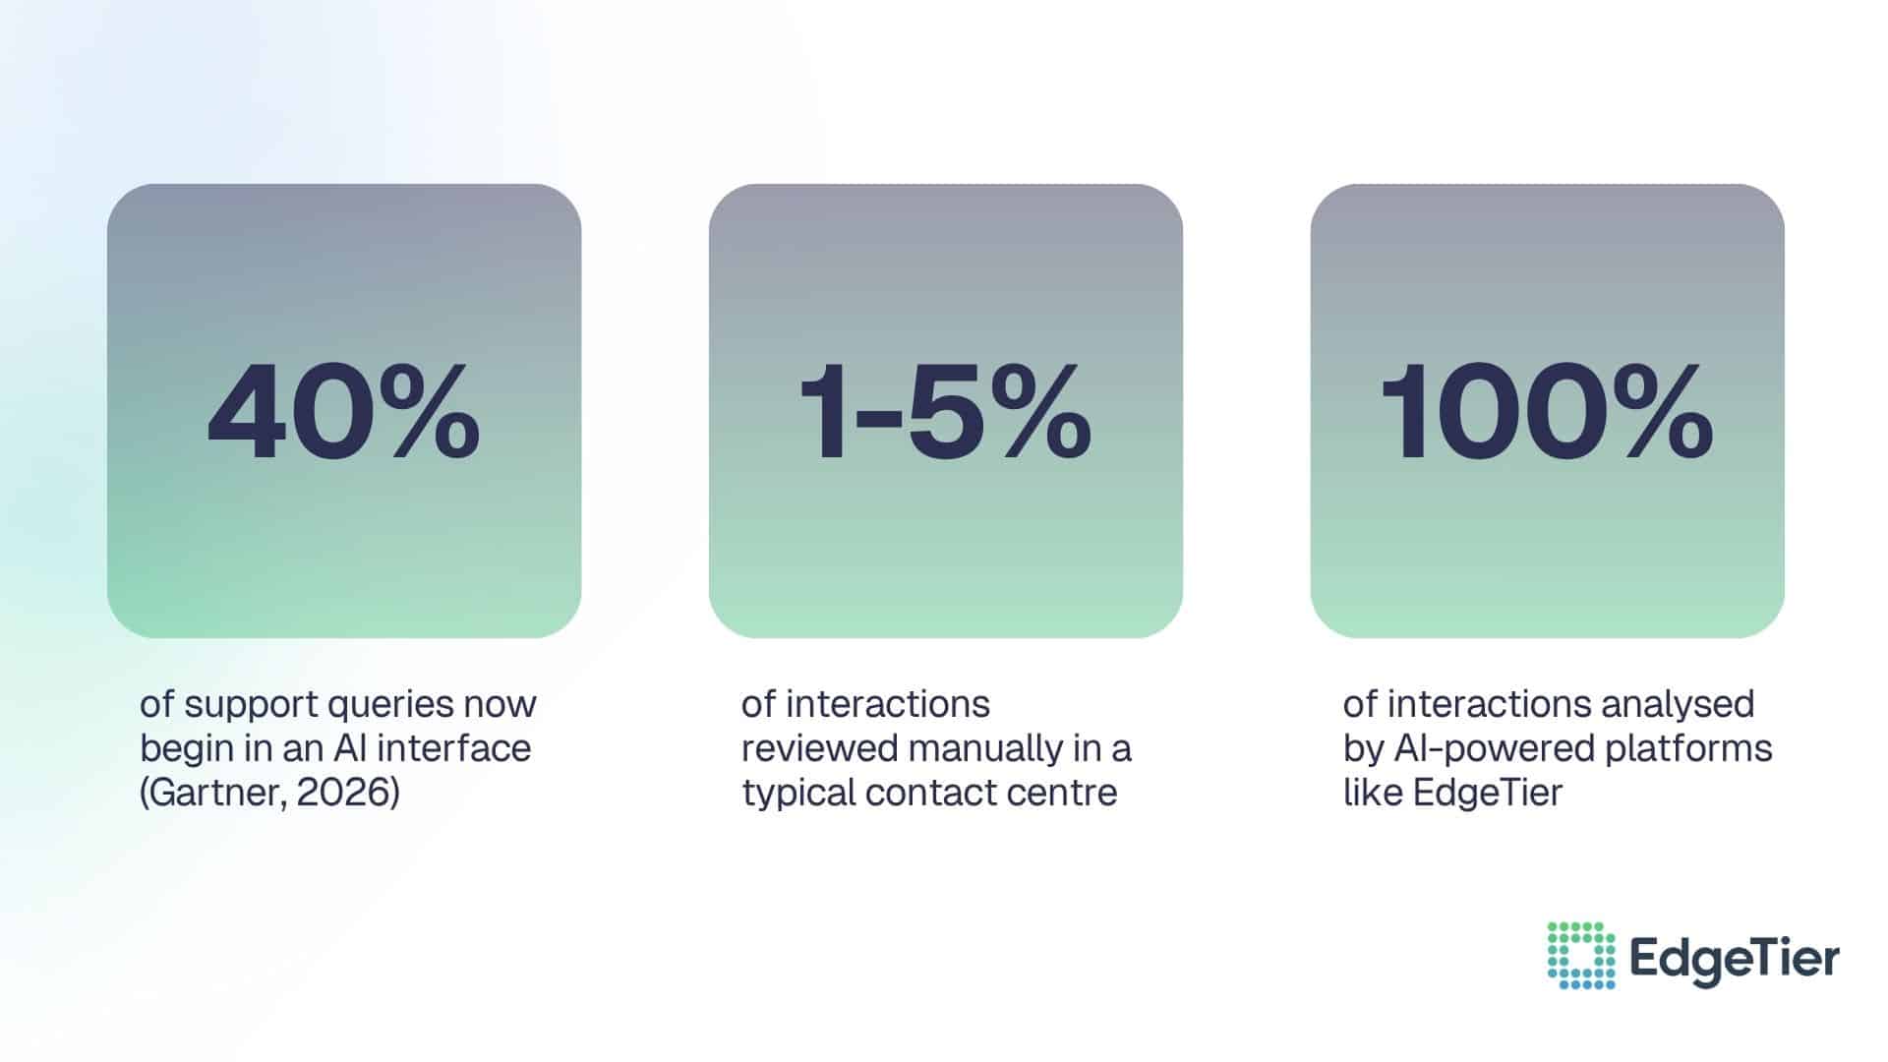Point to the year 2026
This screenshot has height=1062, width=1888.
click(343, 793)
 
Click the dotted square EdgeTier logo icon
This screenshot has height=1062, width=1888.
click(1580, 955)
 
